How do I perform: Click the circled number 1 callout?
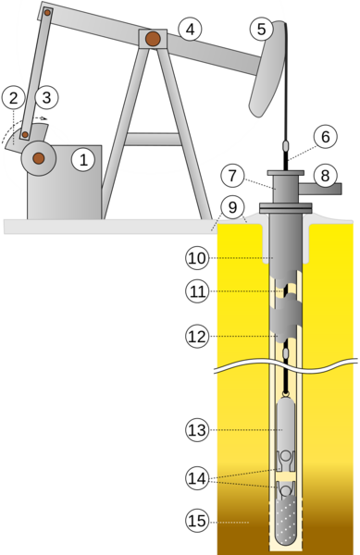(x=84, y=159)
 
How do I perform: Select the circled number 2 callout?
(x=13, y=95)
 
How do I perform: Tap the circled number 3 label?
(x=46, y=95)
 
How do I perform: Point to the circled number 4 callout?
(x=189, y=30)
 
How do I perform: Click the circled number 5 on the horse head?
(x=261, y=30)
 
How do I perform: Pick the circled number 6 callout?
(x=322, y=136)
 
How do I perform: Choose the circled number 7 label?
(x=232, y=174)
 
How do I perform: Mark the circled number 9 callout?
(x=232, y=207)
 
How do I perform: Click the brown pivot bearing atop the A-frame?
(x=152, y=39)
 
